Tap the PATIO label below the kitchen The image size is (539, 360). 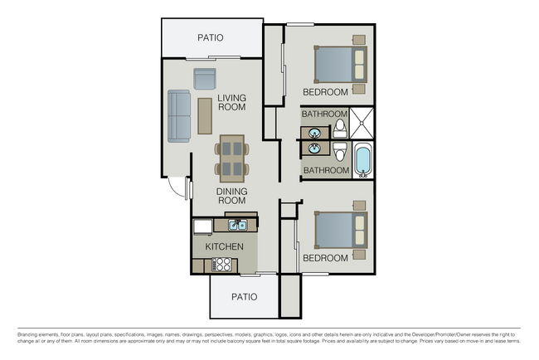tap(244, 297)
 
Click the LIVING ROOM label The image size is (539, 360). tap(232, 103)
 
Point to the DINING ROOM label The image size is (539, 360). tap(232, 196)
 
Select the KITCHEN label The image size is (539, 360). tap(225, 246)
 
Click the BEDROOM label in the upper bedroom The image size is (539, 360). tap(325, 91)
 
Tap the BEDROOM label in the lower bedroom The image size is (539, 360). tap(325, 258)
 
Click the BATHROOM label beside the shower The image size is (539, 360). tap(324, 114)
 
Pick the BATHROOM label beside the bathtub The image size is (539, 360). tap(326, 170)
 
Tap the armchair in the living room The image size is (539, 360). tap(205, 79)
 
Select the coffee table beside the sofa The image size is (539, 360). tap(205, 116)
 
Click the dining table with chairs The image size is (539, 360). tap(232, 158)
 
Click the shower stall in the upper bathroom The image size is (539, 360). tap(362, 123)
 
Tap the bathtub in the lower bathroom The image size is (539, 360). tap(362, 161)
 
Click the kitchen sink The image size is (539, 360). tap(236, 224)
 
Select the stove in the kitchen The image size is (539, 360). tap(222, 265)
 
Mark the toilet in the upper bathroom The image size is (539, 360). tap(340, 128)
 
